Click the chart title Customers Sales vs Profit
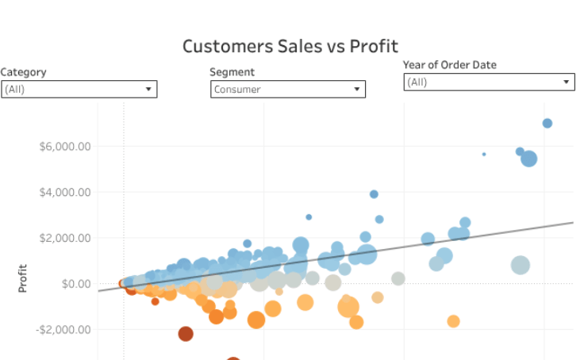coord(290,46)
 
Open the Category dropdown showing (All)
coord(79,90)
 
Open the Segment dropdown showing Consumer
coord(287,90)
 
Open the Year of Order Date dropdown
coord(488,82)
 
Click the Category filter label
coord(24,72)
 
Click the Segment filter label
coord(232,72)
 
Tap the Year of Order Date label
coord(449,65)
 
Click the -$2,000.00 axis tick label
coord(63,329)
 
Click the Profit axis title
coord(23,278)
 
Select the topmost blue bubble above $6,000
coord(547,123)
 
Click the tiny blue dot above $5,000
coord(484,154)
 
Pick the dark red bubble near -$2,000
coord(186,334)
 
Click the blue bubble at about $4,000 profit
coord(374,194)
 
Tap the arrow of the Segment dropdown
coord(357,90)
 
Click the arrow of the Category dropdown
coord(148,90)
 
